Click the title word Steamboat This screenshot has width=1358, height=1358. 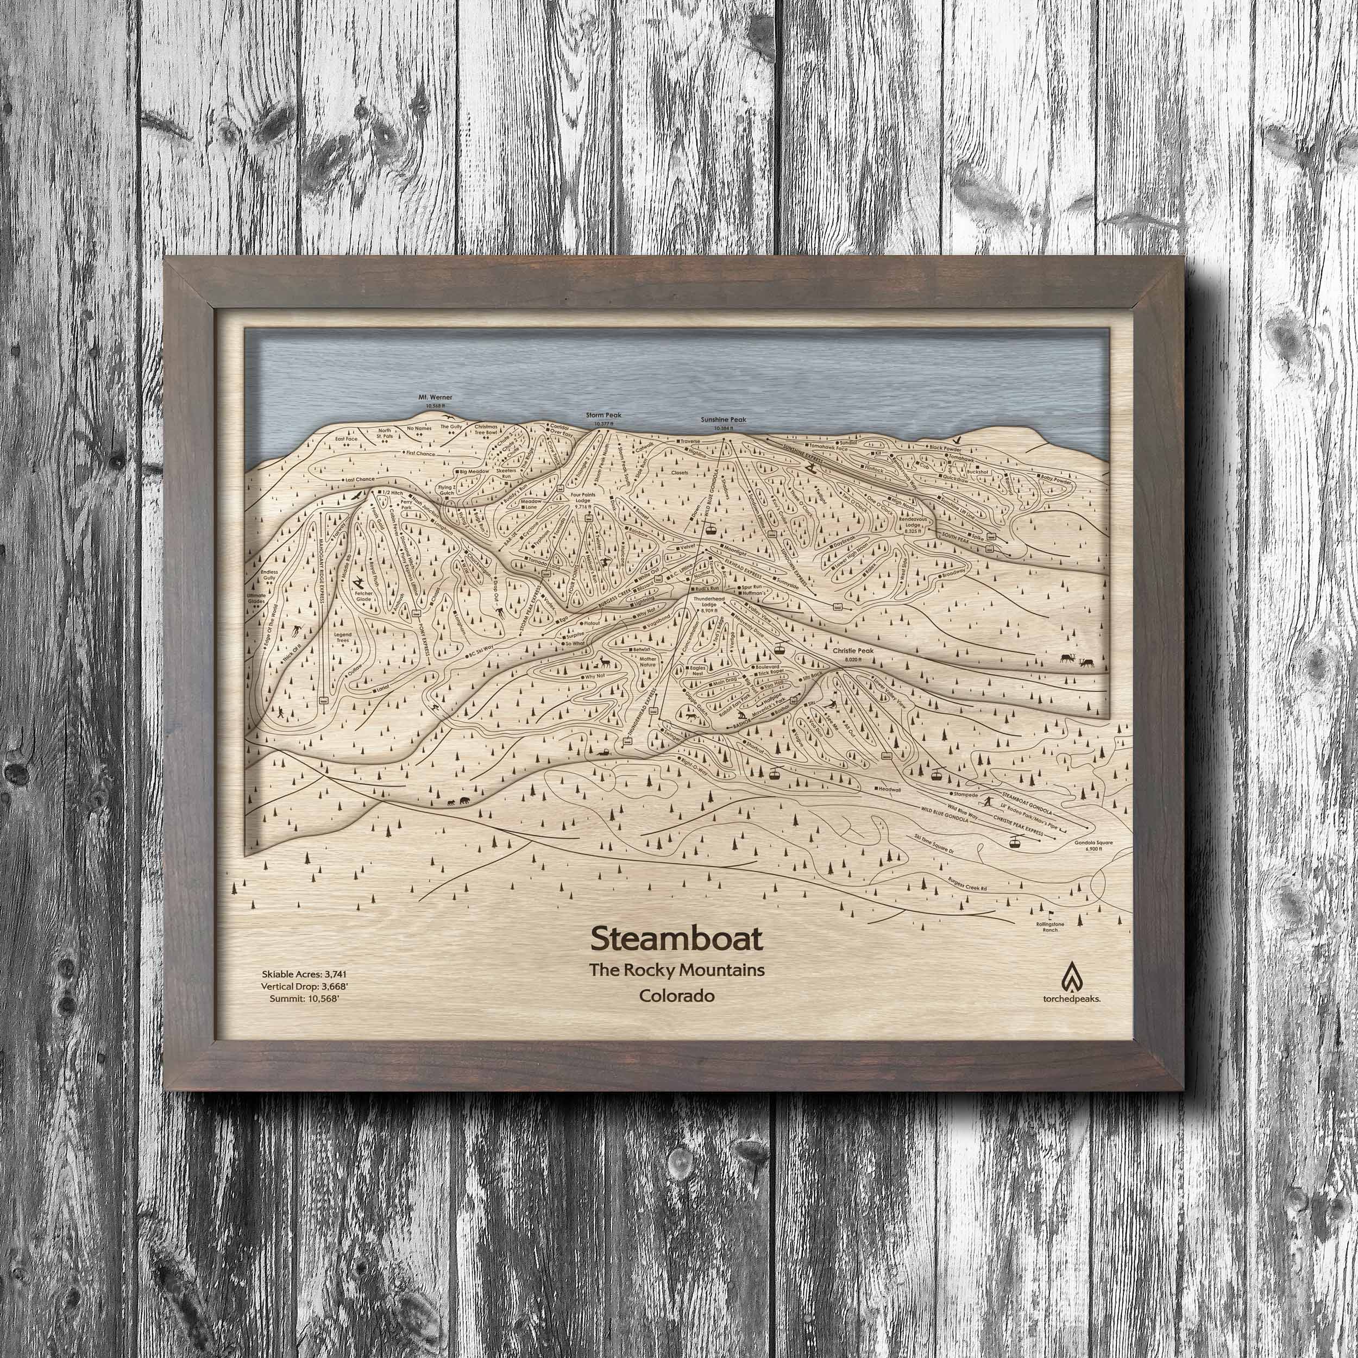click(676, 938)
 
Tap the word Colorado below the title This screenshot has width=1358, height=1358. click(676, 996)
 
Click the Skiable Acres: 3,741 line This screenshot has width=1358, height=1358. click(304, 974)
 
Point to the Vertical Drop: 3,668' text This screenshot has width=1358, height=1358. click(304, 985)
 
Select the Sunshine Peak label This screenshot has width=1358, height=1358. click(724, 420)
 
